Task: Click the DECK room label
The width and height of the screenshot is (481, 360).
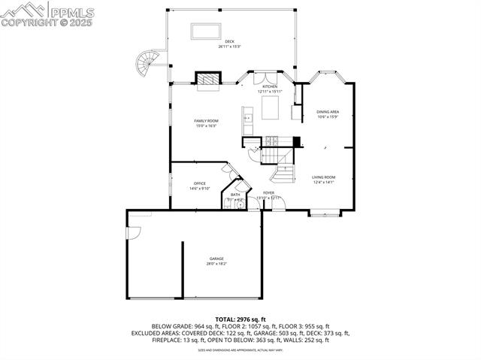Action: (229, 42)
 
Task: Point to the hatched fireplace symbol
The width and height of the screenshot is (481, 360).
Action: (207, 78)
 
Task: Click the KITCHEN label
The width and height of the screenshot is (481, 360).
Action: (269, 87)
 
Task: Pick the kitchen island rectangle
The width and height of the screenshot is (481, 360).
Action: (270, 111)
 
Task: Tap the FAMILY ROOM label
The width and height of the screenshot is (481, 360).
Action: (205, 121)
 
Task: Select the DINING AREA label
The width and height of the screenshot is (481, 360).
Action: (328, 111)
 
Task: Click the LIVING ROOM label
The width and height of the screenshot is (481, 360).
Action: (323, 177)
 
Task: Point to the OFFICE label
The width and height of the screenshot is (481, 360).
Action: (199, 183)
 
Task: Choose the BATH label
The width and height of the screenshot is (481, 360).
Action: (235, 194)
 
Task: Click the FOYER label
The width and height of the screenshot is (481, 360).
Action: (268, 193)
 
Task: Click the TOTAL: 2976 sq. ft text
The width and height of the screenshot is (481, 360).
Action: (240, 319)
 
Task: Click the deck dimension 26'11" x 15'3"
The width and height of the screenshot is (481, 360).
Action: (229, 47)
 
